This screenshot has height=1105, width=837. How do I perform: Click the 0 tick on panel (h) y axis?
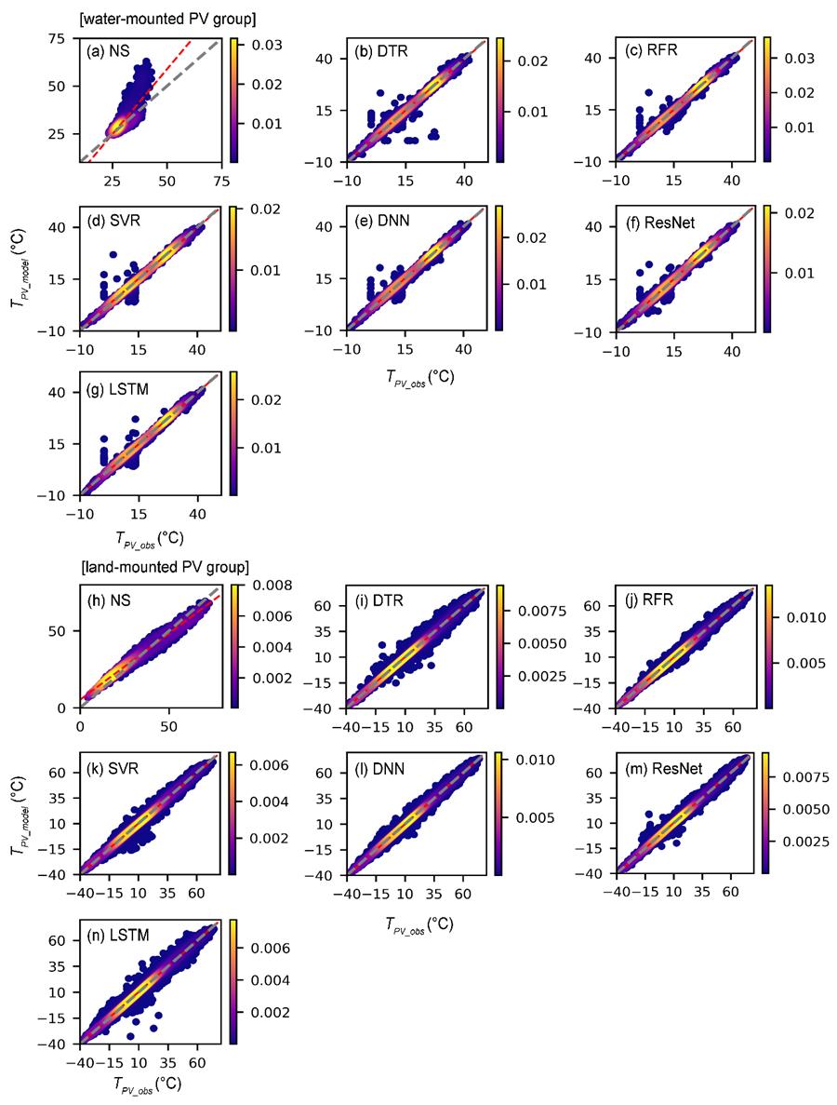tap(69, 707)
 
